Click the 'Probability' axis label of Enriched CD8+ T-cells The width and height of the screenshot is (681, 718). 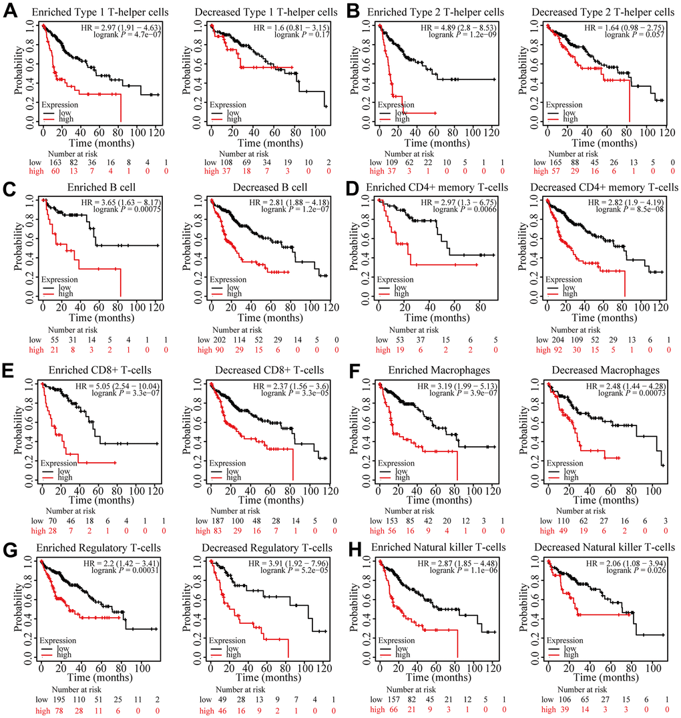pos(17,423)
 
